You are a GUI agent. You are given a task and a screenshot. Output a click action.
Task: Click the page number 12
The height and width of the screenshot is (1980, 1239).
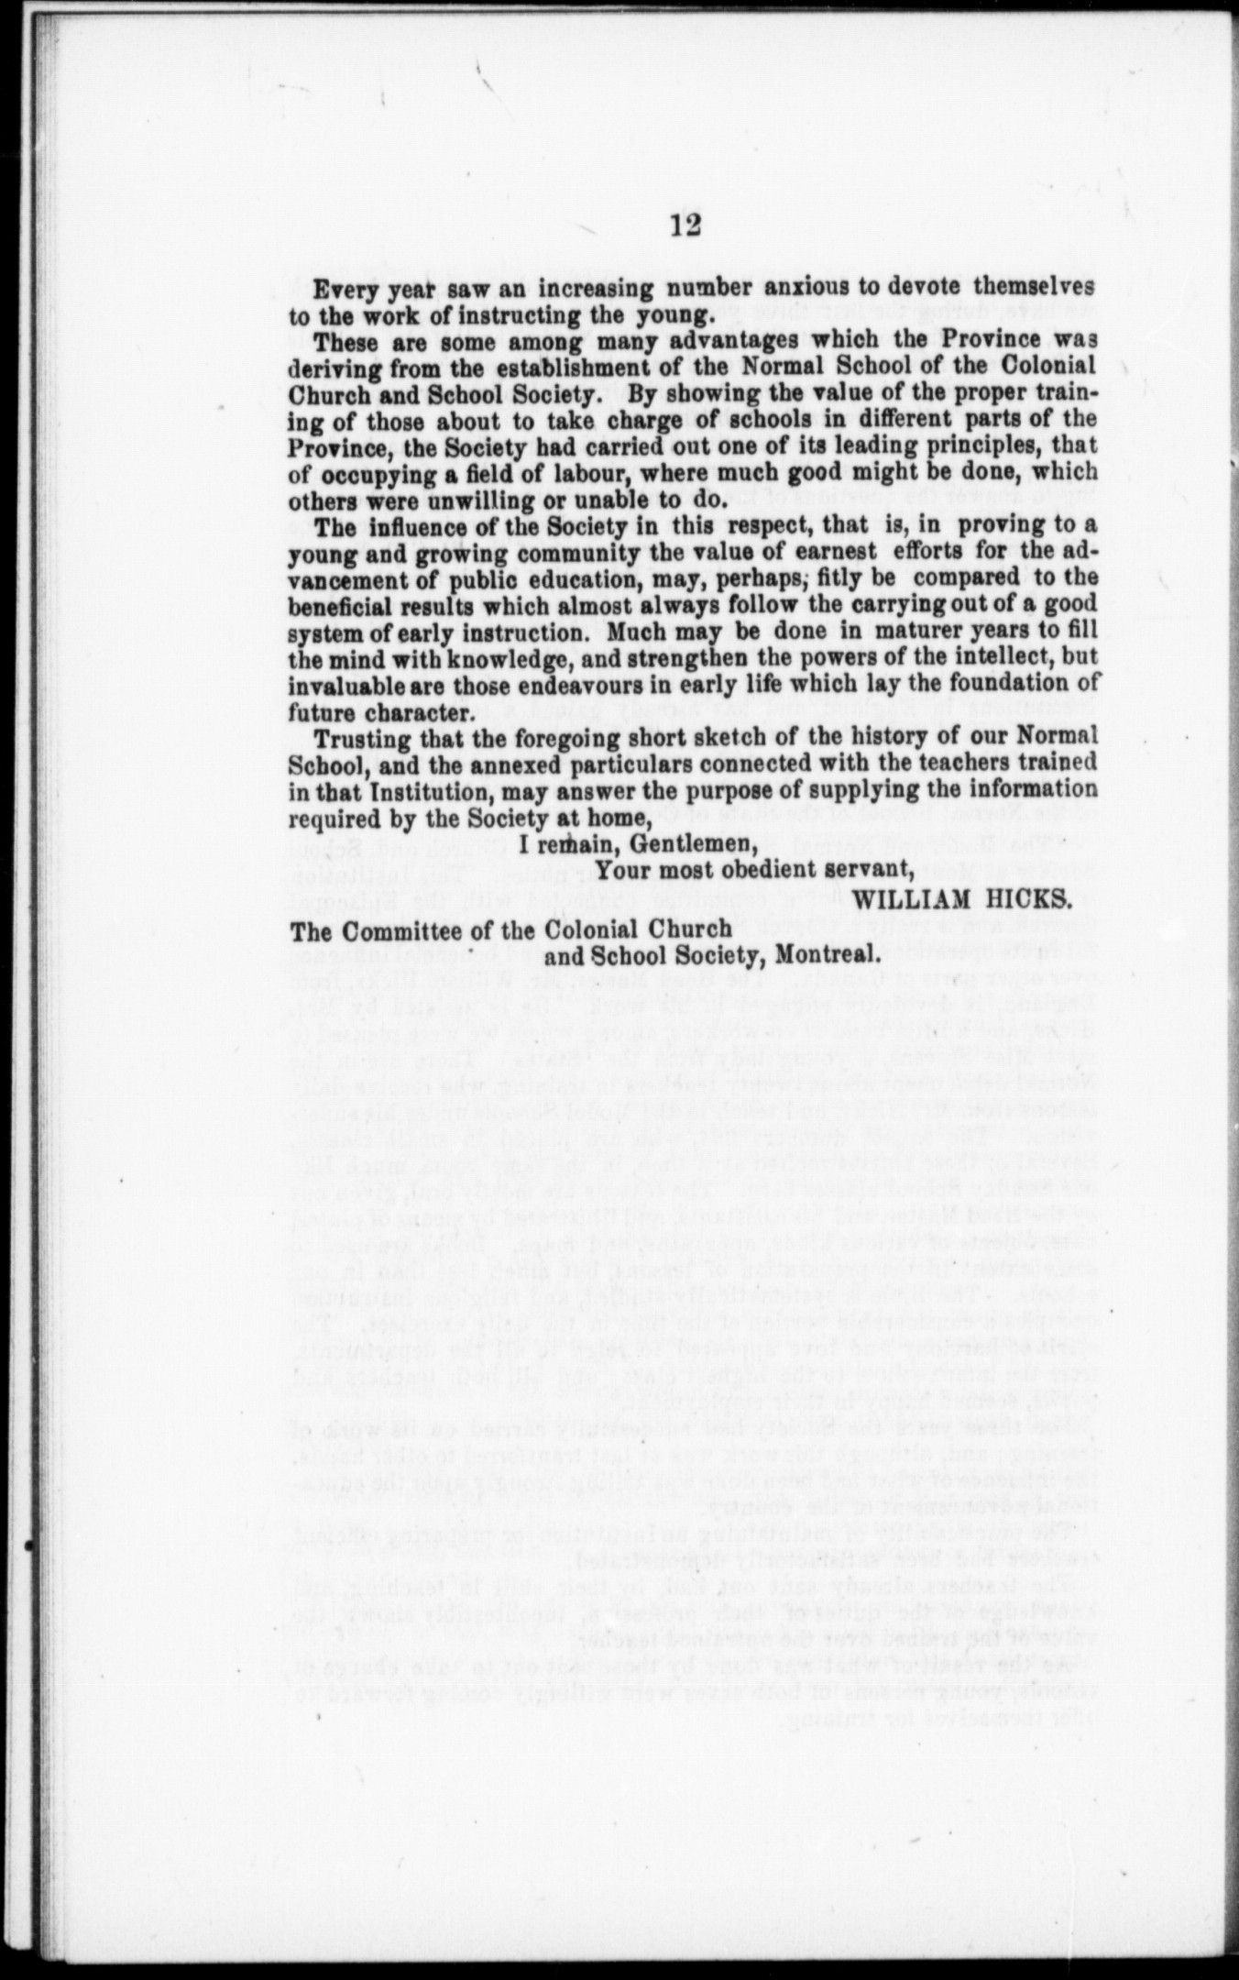[685, 225]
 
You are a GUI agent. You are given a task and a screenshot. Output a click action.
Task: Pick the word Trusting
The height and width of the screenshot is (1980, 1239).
[356, 737]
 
